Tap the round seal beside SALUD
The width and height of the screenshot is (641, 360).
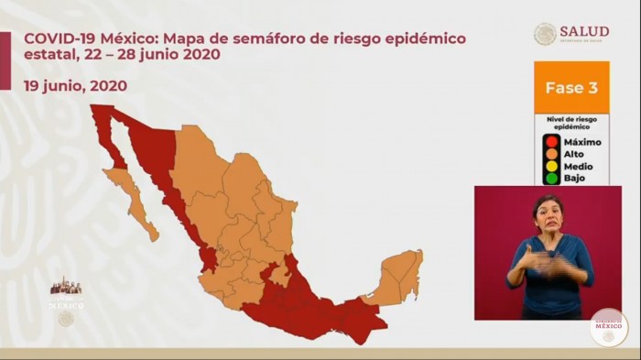(546, 34)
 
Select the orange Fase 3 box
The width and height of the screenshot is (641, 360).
(570, 88)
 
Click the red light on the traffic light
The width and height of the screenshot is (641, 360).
(551, 142)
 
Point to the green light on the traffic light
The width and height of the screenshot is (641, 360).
(551, 178)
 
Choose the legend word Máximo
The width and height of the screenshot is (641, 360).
(582, 143)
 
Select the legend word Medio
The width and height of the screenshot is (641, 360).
(578, 167)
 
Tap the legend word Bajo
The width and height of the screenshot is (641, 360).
(574, 179)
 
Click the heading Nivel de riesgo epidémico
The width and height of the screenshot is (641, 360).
(570, 123)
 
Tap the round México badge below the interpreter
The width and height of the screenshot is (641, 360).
(608, 327)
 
